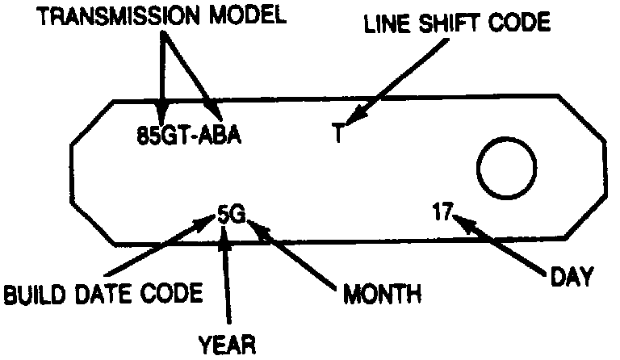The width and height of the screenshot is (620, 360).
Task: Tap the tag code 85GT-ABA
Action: click(x=189, y=132)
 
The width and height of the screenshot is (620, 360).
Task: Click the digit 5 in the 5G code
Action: click(x=223, y=215)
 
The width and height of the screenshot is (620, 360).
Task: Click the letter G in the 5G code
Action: click(x=236, y=215)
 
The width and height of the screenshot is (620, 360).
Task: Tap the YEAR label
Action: click(x=227, y=345)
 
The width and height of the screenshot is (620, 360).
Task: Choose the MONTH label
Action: click(x=382, y=292)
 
